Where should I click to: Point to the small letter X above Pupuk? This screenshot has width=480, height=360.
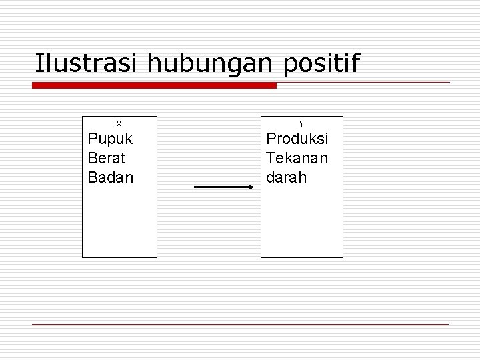tap(119, 124)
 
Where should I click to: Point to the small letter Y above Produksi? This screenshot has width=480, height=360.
tap(301, 124)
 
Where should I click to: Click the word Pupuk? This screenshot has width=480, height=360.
tap(110, 140)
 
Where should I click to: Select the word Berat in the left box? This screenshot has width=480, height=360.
tap(107, 159)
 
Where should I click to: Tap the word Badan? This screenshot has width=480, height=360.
tap(111, 178)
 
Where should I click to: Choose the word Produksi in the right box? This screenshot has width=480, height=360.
tap(297, 140)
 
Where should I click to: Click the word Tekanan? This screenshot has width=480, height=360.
tap(297, 159)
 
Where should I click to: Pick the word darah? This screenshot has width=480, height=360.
tap(287, 178)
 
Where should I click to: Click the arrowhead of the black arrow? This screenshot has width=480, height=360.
tap(251, 187)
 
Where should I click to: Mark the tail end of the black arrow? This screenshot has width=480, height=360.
tap(196, 187)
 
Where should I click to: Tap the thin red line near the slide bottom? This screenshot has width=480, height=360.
tap(240, 324)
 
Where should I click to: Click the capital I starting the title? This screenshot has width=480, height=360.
tap(38, 64)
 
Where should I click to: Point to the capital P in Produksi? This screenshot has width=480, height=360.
tap(271, 140)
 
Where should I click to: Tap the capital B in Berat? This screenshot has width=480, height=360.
tap(92, 159)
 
